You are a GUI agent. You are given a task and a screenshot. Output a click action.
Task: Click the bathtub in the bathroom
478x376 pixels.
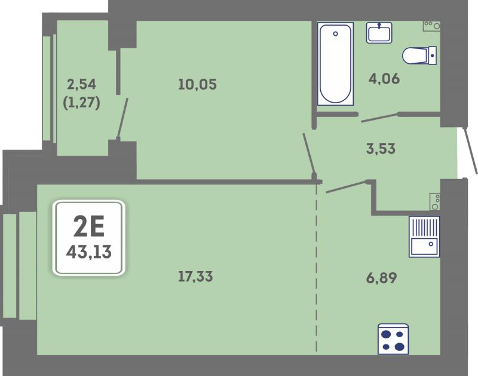(x=335, y=64)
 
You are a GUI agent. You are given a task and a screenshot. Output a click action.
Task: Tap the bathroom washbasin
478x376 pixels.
(x=379, y=32)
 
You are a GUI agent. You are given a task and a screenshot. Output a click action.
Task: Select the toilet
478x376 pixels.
(x=419, y=56)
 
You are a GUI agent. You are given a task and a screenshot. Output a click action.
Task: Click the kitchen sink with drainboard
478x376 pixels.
(x=424, y=236)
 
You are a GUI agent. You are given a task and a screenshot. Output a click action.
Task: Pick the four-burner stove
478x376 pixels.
(x=393, y=339)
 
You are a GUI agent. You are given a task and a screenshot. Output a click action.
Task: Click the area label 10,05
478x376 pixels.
(x=197, y=84)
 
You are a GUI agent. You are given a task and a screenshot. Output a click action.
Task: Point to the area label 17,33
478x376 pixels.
(x=195, y=277)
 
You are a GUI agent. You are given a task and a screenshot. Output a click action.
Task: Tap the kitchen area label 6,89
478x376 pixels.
(x=381, y=278)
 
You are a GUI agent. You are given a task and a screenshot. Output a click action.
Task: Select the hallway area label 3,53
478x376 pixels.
(x=381, y=149)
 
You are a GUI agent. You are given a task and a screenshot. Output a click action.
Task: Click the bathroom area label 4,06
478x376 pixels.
(x=384, y=79)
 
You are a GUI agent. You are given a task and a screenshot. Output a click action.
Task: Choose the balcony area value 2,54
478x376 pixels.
(x=81, y=84)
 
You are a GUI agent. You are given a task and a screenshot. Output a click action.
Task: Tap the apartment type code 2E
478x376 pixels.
(x=89, y=226)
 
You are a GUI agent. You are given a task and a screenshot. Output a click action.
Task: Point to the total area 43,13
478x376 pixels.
(x=88, y=252)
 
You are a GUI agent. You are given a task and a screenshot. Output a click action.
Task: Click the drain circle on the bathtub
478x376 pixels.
(x=335, y=34)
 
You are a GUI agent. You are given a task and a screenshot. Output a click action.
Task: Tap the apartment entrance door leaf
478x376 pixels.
(x=470, y=152)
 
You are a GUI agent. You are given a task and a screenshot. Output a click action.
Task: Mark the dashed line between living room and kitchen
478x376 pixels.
(x=316, y=268)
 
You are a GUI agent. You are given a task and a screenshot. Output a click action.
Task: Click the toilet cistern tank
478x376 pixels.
(x=432, y=56)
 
